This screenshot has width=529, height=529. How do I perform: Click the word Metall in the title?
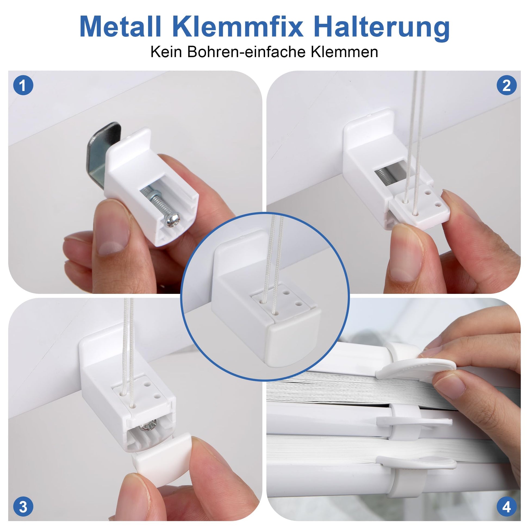[120, 27]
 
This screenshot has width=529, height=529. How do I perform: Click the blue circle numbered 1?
[23, 85]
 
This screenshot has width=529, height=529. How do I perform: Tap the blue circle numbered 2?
[506, 85]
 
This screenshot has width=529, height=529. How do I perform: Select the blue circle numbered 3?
[23, 506]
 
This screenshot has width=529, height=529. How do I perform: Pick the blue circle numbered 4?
[506, 506]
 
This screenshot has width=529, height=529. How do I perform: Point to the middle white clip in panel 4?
[414, 421]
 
